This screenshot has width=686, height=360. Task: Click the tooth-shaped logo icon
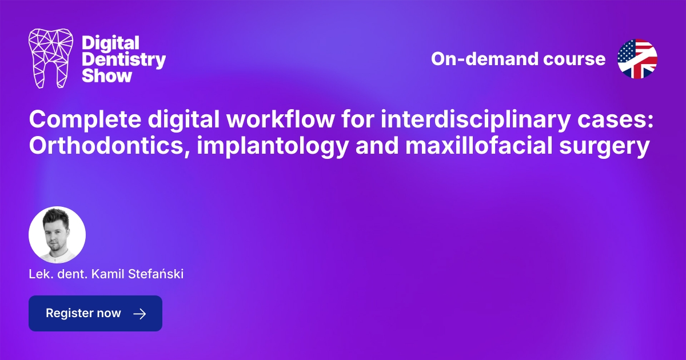click(x=51, y=59)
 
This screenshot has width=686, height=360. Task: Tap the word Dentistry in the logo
click(x=124, y=59)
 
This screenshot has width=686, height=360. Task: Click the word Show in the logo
click(x=107, y=75)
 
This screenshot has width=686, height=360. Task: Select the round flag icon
click(x=637, y=59)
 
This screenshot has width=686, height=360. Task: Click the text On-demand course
click(x=518, y=59)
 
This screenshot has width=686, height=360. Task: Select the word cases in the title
click(x=611, y=120)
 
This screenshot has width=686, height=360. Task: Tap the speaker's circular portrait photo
click(x=57, y=235)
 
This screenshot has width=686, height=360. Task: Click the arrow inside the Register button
click(x=139, y=314)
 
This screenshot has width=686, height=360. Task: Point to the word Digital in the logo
click(x=111, y=43)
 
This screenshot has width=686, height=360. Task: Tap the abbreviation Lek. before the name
click(x=38, y=275)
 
